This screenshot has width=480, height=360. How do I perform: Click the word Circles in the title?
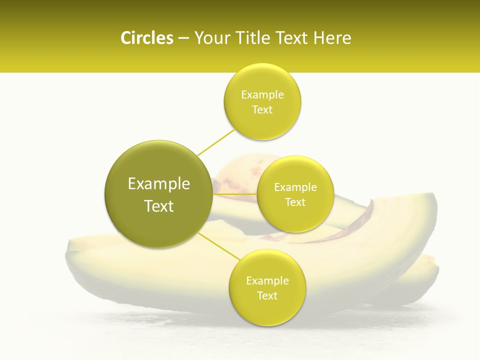[147, 38]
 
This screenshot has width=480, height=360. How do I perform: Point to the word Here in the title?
[332, 38]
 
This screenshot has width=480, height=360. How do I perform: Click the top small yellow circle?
[262, 120]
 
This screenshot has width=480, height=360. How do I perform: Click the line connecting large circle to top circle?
[216, 142]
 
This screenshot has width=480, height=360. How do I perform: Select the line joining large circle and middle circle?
[234, 194]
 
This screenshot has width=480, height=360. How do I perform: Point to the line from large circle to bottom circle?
[219, 247]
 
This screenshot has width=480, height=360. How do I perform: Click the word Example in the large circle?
[159, 184]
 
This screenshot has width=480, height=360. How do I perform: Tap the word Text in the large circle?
[159, 206]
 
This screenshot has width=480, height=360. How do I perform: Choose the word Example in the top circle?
[262, 94]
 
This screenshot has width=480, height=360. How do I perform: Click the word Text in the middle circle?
[295, 202]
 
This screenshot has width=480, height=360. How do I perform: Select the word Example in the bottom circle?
[267, 280]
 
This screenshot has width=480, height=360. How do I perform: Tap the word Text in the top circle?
[262, 109]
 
